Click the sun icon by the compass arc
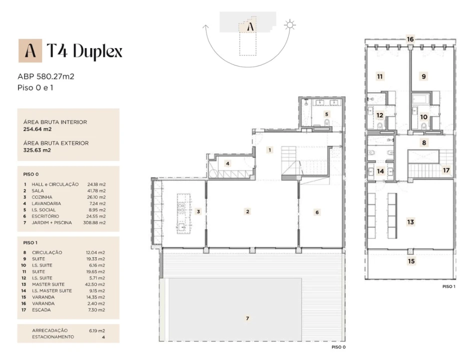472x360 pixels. point(289,24)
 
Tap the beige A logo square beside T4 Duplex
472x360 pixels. point(30,50)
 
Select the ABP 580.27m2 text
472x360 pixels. point(46,76)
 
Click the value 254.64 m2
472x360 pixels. point(37,129)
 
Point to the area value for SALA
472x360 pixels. point(96,190)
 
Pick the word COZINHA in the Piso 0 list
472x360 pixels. point(42,197)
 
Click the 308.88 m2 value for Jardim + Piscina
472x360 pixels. point(94,222)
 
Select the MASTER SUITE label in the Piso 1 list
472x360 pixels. point(48,284)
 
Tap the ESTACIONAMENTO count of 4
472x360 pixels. point(103,337)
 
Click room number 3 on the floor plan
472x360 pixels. point(198,211)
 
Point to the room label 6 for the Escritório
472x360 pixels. point(317,212)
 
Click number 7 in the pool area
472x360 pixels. point(247,318)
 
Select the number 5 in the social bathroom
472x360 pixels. point(326,114)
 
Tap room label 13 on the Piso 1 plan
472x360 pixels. point(410,222)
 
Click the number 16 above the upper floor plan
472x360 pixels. point(410,39)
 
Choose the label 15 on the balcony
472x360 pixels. point(411,261)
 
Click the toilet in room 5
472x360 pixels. point(327,122)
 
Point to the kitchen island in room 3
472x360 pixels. point(181,213)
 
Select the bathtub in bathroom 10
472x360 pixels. point(420,98)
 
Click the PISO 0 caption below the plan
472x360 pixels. point(338,347)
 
